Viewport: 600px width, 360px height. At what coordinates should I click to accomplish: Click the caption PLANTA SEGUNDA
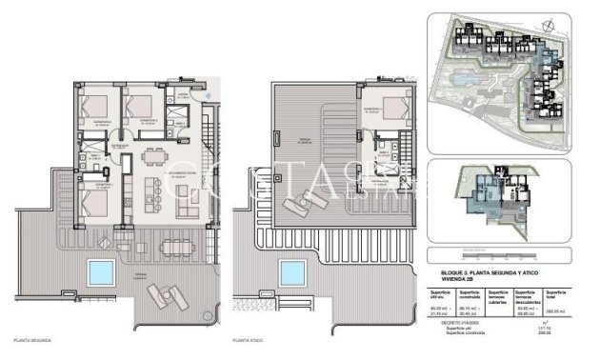coord(30,339)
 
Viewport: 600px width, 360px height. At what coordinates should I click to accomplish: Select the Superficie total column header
coord(557,293)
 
